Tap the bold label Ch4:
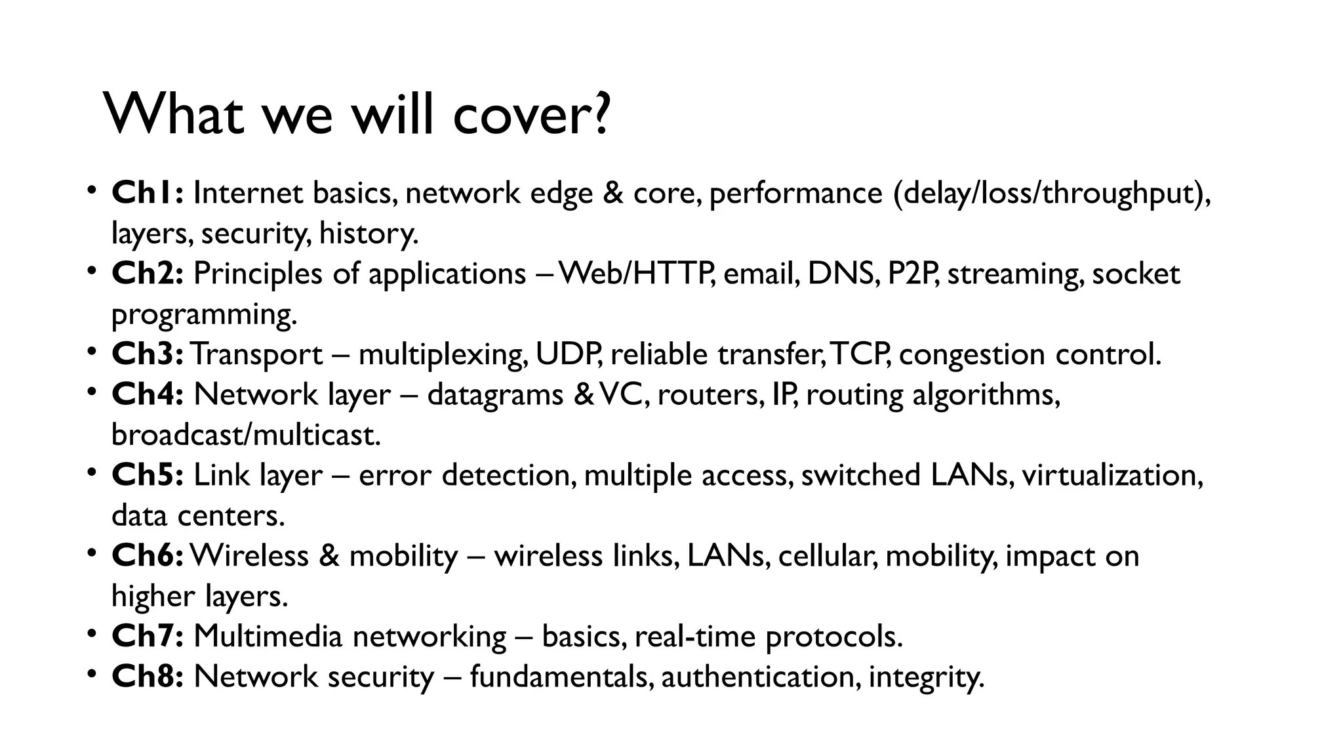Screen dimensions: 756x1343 point(148,394)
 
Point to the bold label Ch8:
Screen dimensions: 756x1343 point(148,677)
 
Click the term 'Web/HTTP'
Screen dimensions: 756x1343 point(637,274)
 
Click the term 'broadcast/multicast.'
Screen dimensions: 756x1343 point(246,435)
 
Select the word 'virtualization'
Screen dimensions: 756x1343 point(1112,475)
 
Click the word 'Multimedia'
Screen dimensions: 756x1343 point(268,637)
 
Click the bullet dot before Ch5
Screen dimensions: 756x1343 point(92,471)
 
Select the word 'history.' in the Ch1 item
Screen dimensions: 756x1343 point(369,234)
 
